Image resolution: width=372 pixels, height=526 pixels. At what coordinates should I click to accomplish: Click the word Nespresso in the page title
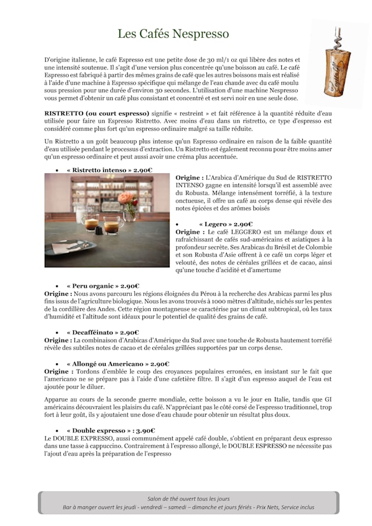pyautogui.click(x=201, y=34)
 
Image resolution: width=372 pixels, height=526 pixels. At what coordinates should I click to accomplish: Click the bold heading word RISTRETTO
pyautogui.click(x=64, y=113)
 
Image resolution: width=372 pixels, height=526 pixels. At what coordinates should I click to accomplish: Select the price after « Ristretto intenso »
pyautogui.click(x=143, y=170)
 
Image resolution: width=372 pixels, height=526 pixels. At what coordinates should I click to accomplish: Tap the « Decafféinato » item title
pyautogui.click(x=92, y=332)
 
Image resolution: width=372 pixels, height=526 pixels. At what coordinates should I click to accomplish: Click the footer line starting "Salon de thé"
pyautogui.click(x=188, y=499)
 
